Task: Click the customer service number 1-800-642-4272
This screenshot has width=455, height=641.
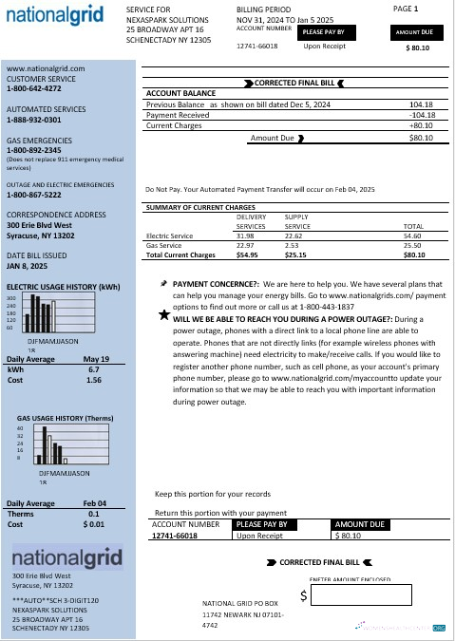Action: point(34,88)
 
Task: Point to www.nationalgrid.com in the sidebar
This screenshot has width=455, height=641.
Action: point(46,68)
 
